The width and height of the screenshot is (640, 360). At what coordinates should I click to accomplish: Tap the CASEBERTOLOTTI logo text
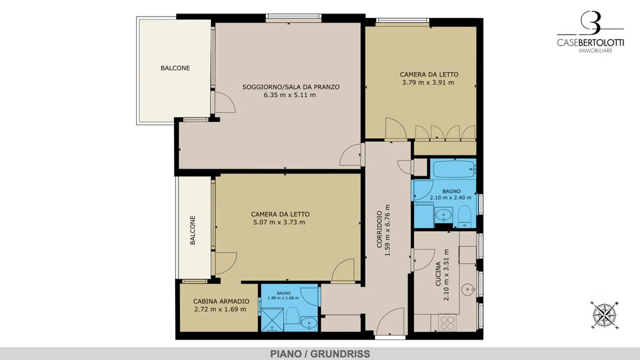click(590, 43)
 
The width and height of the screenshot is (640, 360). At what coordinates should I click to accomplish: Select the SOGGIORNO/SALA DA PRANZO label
click(291, 87)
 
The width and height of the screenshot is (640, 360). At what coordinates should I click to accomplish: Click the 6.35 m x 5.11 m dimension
click(290, 95)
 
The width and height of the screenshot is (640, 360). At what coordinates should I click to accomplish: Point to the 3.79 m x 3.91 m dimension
click(428, 83)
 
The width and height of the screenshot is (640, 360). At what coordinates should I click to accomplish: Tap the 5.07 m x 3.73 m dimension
click(279, 222)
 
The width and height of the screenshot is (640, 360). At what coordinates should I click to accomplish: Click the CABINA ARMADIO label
click(221, 301)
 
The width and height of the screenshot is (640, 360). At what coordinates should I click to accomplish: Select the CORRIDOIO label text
click(380, 229)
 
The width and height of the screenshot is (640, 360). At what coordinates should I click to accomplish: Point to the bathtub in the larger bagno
click(454, 169)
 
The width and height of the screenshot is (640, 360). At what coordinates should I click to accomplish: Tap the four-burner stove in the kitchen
click(448, 323)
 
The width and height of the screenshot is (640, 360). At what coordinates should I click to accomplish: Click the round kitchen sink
click(468, 289)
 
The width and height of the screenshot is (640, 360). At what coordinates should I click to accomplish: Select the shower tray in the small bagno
click(272, 320)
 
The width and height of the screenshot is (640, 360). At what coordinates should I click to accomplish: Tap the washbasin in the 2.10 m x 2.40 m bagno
click(444, 215)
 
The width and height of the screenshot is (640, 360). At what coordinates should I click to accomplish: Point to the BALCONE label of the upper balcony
click(175, 68)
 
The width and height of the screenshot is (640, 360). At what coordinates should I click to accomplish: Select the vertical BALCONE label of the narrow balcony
click(193, 230)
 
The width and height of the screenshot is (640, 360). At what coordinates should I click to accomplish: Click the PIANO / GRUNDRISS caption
click(320, 354)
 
